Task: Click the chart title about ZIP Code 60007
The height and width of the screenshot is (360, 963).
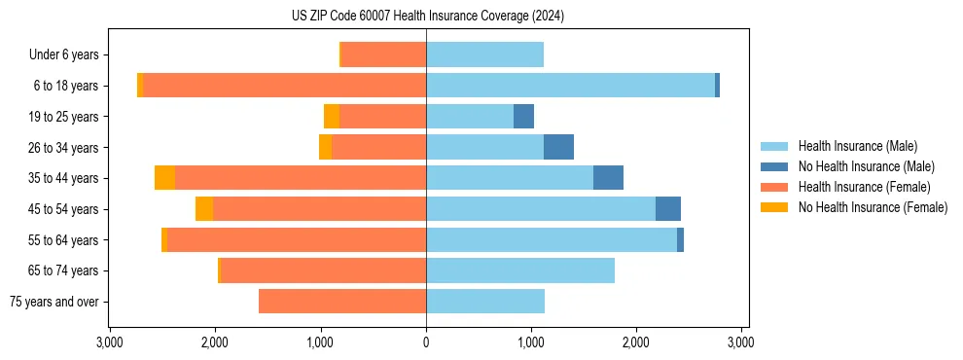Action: (427, 16)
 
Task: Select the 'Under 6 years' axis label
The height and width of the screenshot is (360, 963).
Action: (63, 54)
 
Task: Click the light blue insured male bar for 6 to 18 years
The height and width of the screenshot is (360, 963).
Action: (570, 86)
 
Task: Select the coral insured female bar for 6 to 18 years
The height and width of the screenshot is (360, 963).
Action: (284, 86)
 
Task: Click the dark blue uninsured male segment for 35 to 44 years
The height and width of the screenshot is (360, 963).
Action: (608, 178)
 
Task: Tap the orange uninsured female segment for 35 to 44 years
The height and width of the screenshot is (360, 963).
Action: (164, 178)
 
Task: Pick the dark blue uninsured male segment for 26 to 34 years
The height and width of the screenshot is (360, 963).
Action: (558, 147)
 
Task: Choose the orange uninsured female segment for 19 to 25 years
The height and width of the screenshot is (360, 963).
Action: (332, 117)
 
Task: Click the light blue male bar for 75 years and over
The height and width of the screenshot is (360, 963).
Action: (485, 302)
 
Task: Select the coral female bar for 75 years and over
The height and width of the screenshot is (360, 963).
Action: (342, 302)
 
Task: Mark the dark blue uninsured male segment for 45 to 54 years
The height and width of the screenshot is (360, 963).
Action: (668, 209)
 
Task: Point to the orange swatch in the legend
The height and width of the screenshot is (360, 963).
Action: (775, 207)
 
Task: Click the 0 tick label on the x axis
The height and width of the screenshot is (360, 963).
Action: (426, 342)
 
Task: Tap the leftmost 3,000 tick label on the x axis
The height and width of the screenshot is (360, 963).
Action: (109, 342)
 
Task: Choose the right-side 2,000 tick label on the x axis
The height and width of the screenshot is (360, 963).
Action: (636, 342)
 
